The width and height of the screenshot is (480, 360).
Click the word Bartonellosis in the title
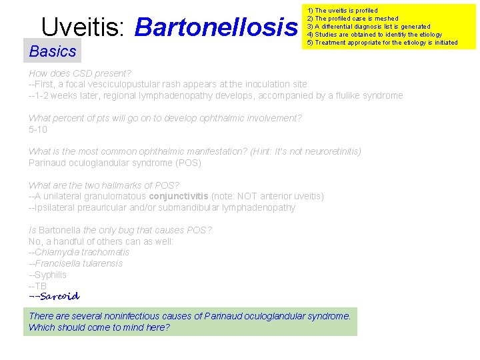[216, 27]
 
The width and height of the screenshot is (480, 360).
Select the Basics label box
[53, 51]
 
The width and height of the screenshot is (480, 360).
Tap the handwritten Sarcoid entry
[55, 296]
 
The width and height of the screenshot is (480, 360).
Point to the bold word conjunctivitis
[178, 196]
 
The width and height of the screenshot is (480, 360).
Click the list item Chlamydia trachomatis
[81, 252]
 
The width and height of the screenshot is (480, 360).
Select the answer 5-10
[38, 129]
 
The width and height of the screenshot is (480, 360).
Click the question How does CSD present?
[80, 73]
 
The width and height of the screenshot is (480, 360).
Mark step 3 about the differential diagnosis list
[369, 27]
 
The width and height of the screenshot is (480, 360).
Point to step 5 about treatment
[382, 43]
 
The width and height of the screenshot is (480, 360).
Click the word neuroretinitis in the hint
[327, 151]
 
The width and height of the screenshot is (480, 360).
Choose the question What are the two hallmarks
[104, 185]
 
